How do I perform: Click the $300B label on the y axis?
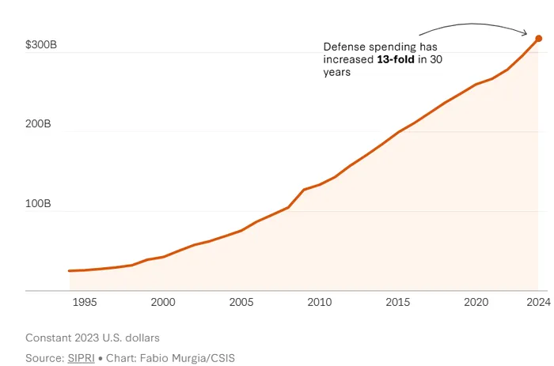(40, 46)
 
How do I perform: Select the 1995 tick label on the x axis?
(85, 302)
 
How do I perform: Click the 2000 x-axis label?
(163, 302)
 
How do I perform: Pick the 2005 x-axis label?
(241, 302)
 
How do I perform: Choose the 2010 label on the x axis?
(319, 302)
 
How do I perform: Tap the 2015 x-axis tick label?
(397, 302)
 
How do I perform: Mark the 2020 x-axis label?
(475, 302)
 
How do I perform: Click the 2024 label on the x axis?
(537, 302)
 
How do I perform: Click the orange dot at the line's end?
(538, 38)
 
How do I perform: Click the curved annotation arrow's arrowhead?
(527, 32)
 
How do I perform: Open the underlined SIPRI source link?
(81, 358)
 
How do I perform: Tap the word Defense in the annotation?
(345, 47)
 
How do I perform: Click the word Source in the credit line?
(44, 358)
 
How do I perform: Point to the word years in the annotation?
(336, 72)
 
